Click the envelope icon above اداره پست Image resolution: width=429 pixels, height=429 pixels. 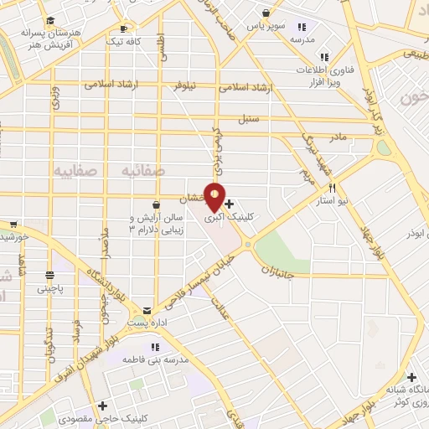[x=147, y=310]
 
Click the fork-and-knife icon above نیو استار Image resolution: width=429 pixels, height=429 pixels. [x=333, y=189]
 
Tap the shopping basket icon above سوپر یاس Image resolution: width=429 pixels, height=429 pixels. [x=266, y=13]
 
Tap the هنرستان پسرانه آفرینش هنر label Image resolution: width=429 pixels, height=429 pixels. [x=52, y=37]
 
